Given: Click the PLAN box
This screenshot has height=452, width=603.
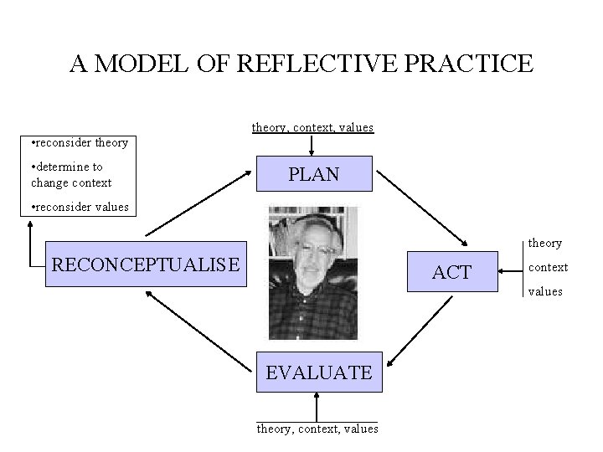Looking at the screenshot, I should [314, 175].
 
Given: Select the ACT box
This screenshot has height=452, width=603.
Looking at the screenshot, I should [451, 271].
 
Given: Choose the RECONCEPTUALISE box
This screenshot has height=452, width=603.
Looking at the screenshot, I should [147, 265].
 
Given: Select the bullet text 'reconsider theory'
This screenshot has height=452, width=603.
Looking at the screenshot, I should [79, 142].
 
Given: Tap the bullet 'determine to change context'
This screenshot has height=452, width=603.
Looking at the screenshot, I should [70, 175].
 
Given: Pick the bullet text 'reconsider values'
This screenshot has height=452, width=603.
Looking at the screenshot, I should [79, 207].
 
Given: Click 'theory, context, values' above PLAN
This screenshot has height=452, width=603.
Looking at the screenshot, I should [312, 127].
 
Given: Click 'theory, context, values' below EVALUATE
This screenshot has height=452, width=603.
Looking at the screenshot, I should [317, 429].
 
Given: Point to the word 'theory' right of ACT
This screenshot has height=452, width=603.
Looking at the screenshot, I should [545, 243].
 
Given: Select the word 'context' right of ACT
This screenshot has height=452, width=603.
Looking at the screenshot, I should [548, 267].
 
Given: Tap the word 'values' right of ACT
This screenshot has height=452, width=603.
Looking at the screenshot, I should [545, 291].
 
